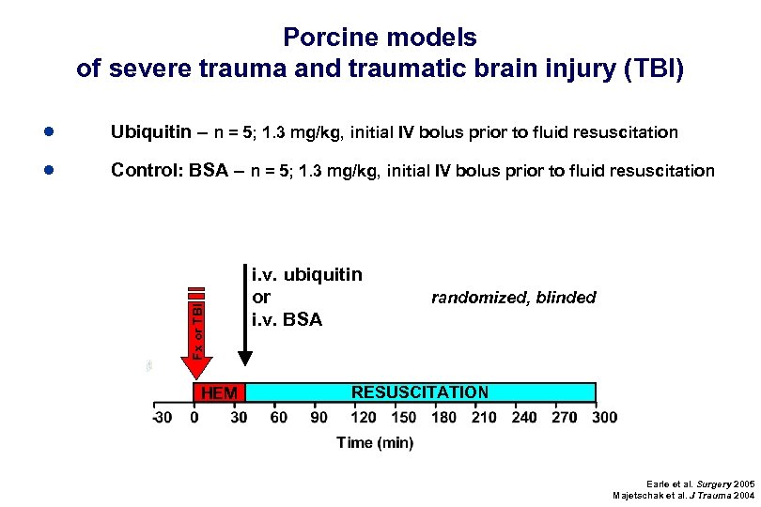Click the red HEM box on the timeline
pyautogui.click(x=219, y=392)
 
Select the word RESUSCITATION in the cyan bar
pyautogui.click(x=419, y=392)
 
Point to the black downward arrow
pyautogui.click(x=245, y=319)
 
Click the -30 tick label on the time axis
pyautogui.click(x=162, y=417)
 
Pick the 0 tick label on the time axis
pyautogui.click(x=194, y=417)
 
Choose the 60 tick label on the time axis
pyautogui.click(x=279, y=417)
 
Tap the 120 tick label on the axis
pyautogui.click(x=364, y=417)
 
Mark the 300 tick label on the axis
pyautogui.click(x=605, y=417)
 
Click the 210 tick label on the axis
pyautogui.click(x=484, y=417)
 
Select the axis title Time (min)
pyautogui.click(x=375, y=443)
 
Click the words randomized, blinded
pyautogui.click(x=513, y=298)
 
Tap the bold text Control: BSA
pyautogui.click(x=169, y=171)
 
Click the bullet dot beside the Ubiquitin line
pyautogui.click(x=48, y=131)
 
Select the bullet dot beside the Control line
pyautogui.click(x=48, y=170)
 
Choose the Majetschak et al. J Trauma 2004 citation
pyautogui.click(x=683, y=496)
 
